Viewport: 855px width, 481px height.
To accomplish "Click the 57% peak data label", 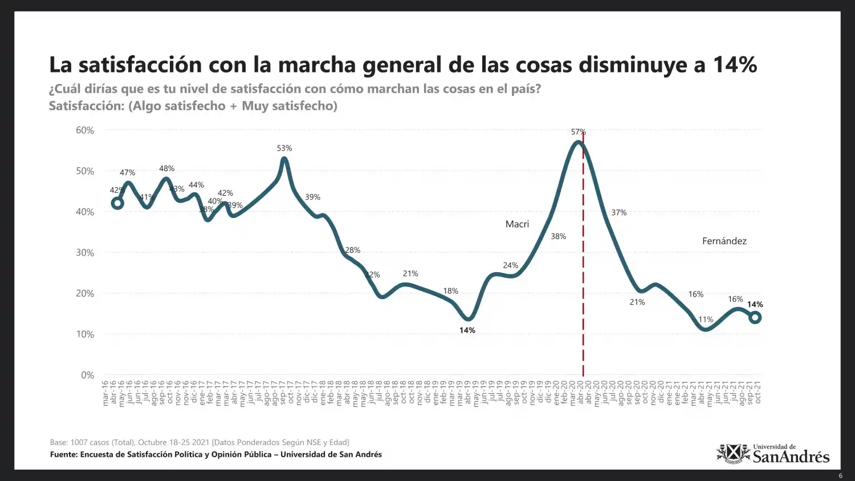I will pos(578,132).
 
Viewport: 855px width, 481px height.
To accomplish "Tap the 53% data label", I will pos(284,148).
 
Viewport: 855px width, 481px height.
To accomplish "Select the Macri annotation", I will pos(517,224).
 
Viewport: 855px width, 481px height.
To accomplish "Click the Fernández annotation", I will pos(724,241).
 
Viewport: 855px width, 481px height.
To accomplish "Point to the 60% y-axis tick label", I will pos(85,130).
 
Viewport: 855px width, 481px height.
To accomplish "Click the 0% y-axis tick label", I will pos(87,375).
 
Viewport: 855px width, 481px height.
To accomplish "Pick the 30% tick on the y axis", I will pos(85,253).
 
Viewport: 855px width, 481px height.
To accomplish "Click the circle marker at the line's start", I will pos(117,203).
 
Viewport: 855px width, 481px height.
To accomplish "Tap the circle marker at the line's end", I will pos(755,317).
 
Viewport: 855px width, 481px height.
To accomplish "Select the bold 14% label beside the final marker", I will pos(755,304).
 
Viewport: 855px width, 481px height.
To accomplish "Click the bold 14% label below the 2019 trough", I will pos(467,330).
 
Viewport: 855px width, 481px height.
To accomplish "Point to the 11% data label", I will pos(706,320).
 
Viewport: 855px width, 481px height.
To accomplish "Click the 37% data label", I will pos(618,212).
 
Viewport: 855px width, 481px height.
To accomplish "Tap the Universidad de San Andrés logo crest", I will pos(734,454).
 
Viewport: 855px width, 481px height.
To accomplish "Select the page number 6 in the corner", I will pos(840,476).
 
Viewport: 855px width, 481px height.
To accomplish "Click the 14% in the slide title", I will pos(735,65).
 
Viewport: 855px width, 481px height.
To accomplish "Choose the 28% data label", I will pos(352,250).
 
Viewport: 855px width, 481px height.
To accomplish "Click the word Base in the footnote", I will pos(58,442).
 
